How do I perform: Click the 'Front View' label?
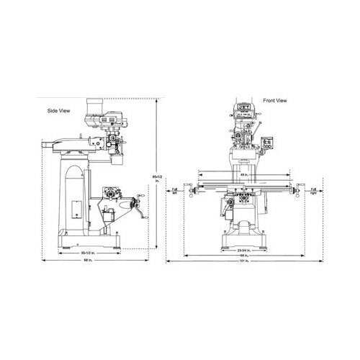(x=277, y=100)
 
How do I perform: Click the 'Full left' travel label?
(x=175, y=191)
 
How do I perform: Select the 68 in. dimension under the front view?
(x=244, y=256)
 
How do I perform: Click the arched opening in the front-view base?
(x=243, y=230)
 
